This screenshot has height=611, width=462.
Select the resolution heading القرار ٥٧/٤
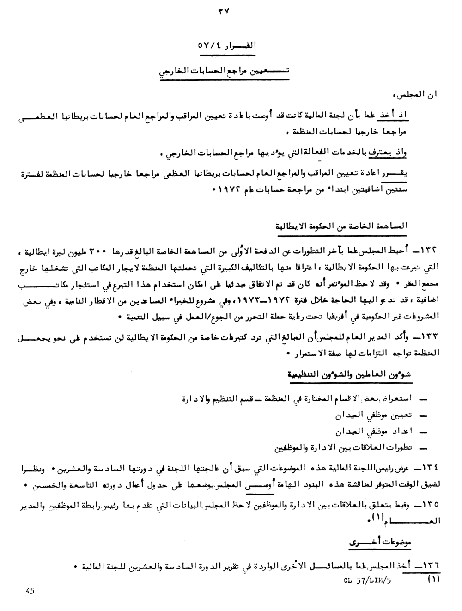pyautogui.click(x=225, y=47)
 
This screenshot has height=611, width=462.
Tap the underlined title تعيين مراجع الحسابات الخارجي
pyautogui.click(x=225, y=73)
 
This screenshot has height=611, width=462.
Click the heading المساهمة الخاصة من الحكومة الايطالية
pyautogui.click(x=355, y=226)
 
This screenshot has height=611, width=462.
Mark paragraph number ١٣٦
pyautogui.click(x=429, y=566)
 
